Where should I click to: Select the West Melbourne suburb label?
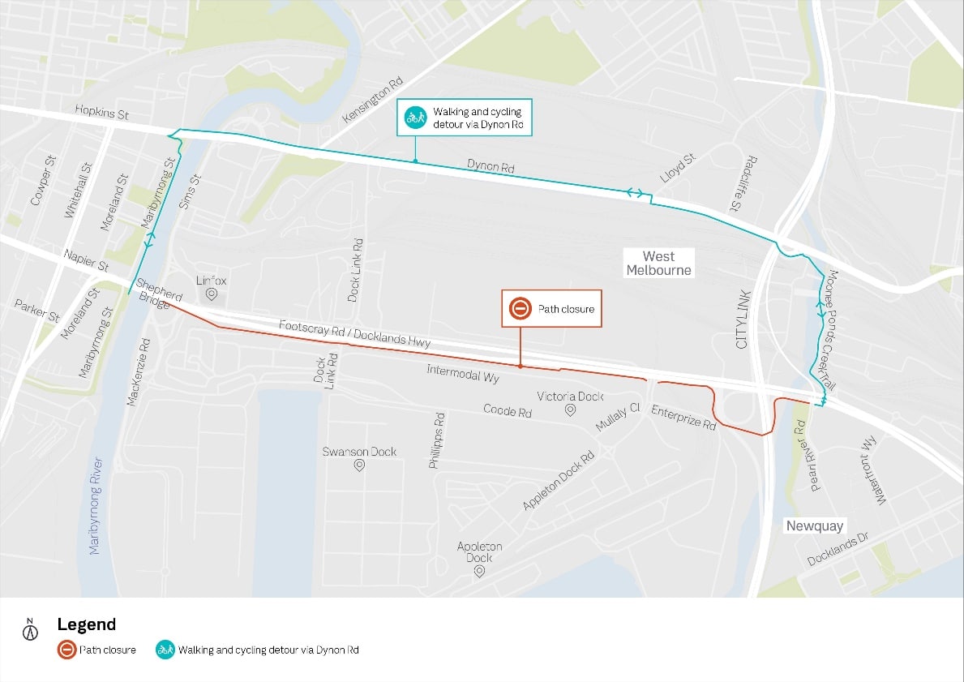pyautogui.click(x=658, y=263)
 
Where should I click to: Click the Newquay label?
pyautogui.click(x=814, y=526)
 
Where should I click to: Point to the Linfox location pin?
pyautogui.click(x=212, y=294)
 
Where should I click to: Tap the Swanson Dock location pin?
pyautogui.click(x=359, y=466)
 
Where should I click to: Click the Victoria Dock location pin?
pyautogui.click(x=570, y=410)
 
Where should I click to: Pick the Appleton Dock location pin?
pyautogui.click(x=479, y=572)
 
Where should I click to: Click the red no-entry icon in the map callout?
pyautogui.click(x=519, y=309)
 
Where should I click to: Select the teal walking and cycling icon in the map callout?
pyautogui.click(x=415, y=118)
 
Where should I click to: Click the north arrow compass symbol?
pyautogui.click(x=31, y=629)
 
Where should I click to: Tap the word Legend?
pyautogui.click(x=86, y=624)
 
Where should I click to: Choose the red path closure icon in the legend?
pyautogui.click(x=66, y=650)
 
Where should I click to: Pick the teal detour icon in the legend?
pyautogui.click(x=165, y=650)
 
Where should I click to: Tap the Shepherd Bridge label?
pyautogui.click(x=159, y=292)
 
